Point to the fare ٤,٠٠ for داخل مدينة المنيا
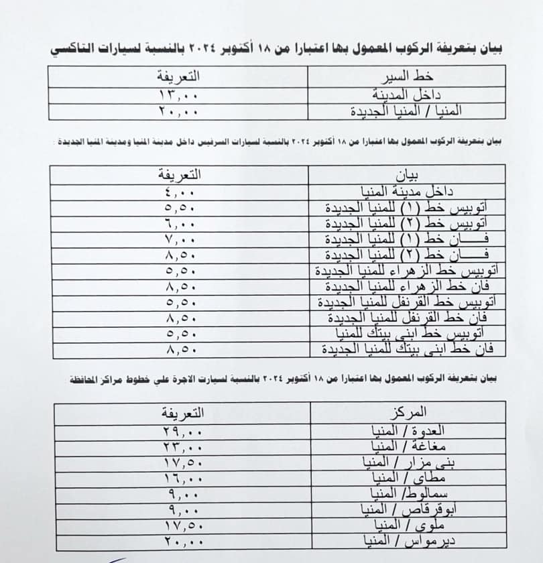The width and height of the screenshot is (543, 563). pyautogui.click(x=179, y=192)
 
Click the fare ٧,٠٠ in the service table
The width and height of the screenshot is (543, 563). pyautogui.click(x=179, y=239)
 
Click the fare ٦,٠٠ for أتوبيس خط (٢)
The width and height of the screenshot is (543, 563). pyautogui.click(x=179, y=223)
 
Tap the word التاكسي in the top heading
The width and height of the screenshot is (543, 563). pyautogui.click(x=477, y=49)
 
